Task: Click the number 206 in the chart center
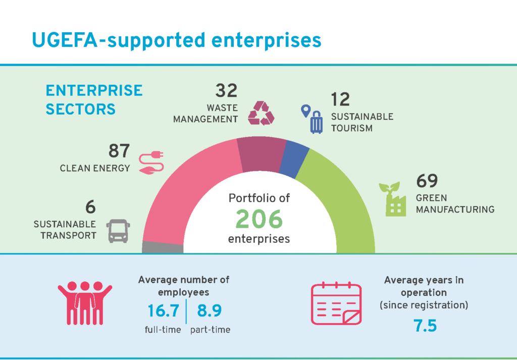(258, 219)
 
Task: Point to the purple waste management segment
(260, 154)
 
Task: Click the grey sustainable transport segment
(163, 247)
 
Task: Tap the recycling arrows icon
(261, 113)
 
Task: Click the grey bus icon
(118, 231)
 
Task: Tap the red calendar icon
(336, 303)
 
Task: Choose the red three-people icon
(84, 303)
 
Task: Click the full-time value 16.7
(163, 311)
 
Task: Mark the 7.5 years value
(425, 326)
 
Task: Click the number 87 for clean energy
(119, 151)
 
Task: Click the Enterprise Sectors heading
(94, 99)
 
